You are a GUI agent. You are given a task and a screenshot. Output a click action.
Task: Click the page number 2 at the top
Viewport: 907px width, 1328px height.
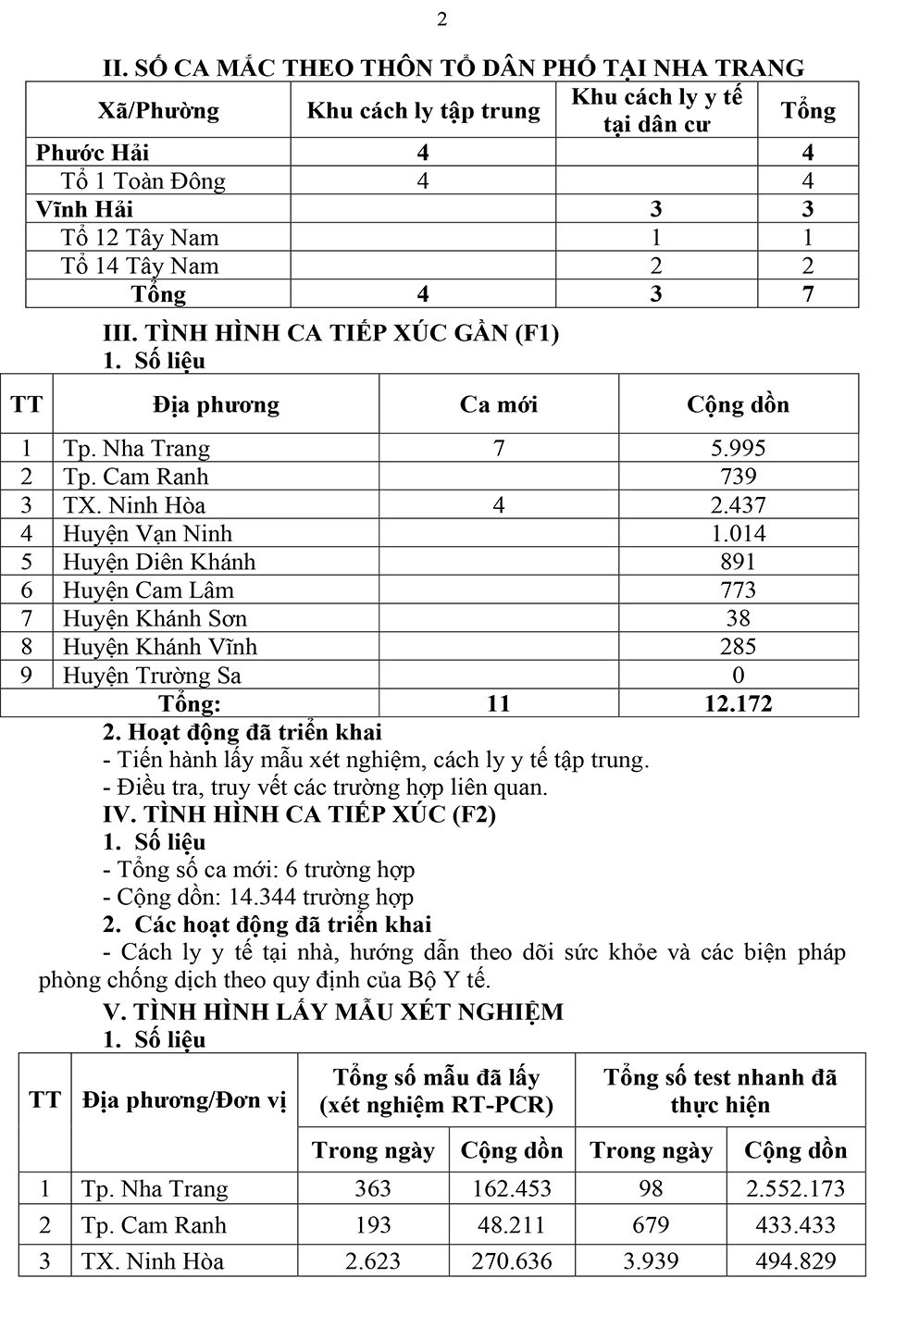tap(441, 19)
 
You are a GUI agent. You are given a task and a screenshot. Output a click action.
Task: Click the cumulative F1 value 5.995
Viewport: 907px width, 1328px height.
tap(738, 449)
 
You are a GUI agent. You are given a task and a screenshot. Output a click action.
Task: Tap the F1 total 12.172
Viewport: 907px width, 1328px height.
tap(738, 703)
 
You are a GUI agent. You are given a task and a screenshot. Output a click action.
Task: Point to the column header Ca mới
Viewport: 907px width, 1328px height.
tap(498, 405)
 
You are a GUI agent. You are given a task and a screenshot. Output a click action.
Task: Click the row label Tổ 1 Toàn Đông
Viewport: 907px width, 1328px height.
tap(143, 181)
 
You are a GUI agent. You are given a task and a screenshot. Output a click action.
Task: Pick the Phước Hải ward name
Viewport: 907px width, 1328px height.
tap(93, 153)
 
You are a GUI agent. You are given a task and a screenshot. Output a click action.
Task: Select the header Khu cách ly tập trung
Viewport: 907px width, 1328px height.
tap(423, 111)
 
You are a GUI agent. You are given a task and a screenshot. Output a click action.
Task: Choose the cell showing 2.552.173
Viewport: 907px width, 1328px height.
tap(795, 1189)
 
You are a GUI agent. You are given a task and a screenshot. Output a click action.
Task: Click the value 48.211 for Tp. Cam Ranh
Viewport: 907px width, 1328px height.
tap(512, 1225)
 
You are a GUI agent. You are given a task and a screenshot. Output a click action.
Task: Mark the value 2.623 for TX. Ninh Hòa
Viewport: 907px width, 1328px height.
tap(373, 1261)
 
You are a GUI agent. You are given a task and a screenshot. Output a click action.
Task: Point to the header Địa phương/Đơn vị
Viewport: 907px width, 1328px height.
tap(184, 1100)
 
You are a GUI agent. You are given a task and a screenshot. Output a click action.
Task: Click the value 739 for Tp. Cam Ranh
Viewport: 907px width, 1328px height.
tap(738, 478)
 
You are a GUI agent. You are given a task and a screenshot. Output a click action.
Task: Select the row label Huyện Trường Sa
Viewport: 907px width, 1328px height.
tap(152, 676)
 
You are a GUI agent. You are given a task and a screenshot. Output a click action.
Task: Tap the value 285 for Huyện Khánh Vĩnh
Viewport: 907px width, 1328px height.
tap(738, 647)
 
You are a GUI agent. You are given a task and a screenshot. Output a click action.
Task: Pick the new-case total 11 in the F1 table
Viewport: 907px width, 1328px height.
tap(498, 703)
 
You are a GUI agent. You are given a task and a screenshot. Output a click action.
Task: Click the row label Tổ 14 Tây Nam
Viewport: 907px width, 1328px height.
tap(140, 267)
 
